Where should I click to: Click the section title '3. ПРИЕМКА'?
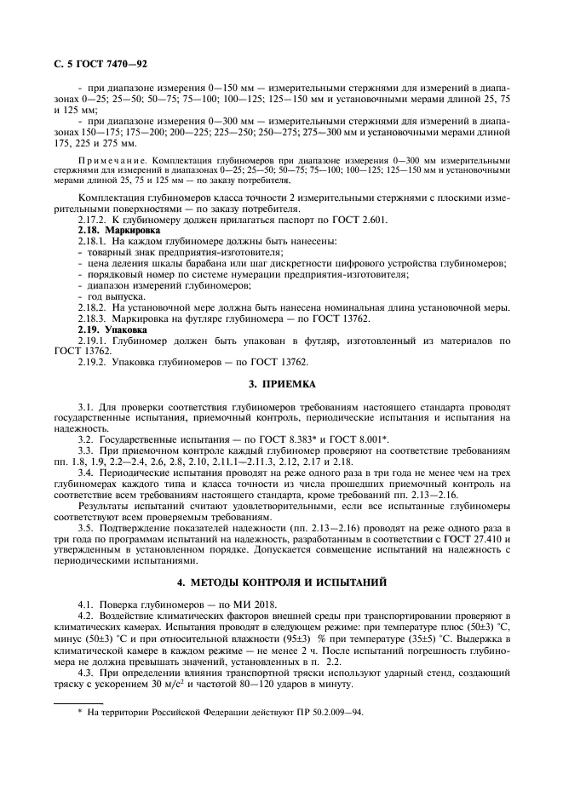[281, 384]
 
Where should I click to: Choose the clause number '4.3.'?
[86, 672]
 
